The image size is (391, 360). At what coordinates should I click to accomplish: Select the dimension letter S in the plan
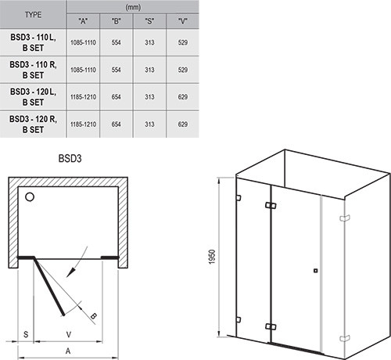pyautogui.click(x=25, y=333)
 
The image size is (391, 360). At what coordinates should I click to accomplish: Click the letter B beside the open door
pyautogui.click(x=94, y=316)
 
